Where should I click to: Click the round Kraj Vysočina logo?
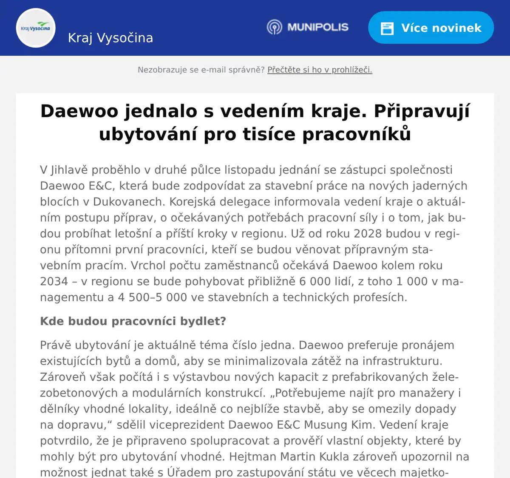pyautogui.click(x=36, y=28)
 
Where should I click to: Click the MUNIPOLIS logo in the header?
pyautogui.click(x=308, y=27)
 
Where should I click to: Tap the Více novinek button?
pyautogui.click(x=431, y=28)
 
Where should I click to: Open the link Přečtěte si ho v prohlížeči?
pyautogui.click(x=320, y=70)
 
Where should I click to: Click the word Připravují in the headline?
pyautogui.click(x=422, y=111)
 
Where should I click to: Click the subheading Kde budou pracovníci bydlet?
pyautogui.click(x=133, y=321)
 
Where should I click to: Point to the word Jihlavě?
pyautogui.click(x=69, y=170)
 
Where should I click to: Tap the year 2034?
pyautogui.click(x=54, y=281)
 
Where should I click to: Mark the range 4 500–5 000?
pyautogui.click(x=152, y=297)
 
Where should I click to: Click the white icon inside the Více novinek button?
pyautogui.click(x=387, y=28)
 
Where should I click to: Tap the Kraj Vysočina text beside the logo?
pyautogui.click(x=110, y=38)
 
